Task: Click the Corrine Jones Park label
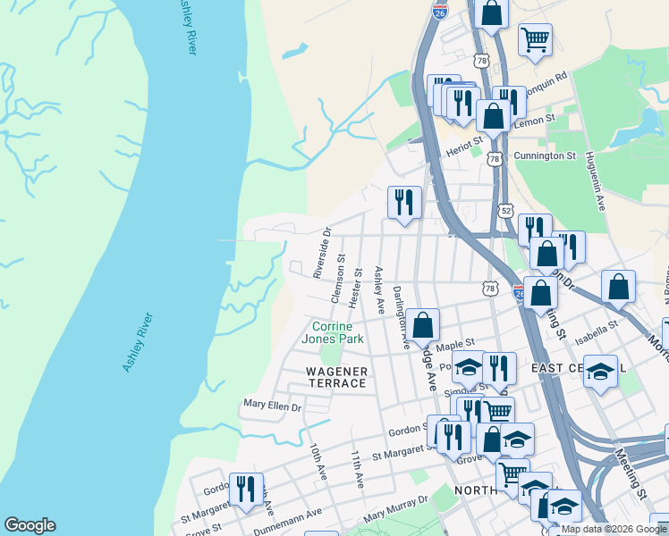coord(332,332)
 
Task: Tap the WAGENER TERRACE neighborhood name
coord(325,377)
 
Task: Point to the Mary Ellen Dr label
coord(273,406)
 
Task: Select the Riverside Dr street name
coord(322,252)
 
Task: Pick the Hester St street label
coord(355,288)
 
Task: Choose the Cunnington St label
coord(545,155)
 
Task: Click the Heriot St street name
coord(465,143)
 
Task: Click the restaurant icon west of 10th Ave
coord(246,487)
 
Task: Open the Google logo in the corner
coord(30,525)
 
